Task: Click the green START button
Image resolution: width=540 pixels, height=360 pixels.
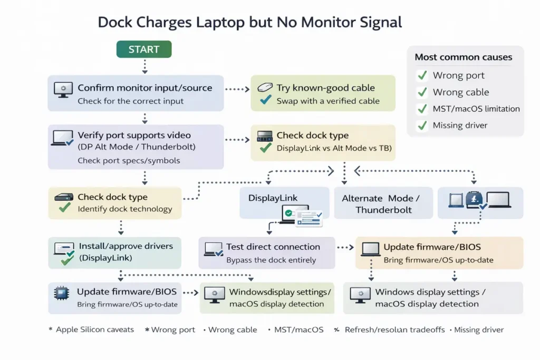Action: pyautogui.click(x=144, y=50)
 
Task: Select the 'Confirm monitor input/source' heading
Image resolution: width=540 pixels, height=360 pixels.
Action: pyautogui.click(x=144, y=88)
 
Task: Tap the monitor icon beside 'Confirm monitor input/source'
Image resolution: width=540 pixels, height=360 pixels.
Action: pyautogui.click(x=63, y=90)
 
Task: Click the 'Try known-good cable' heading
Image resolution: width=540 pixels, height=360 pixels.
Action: pyautogui.click(x=325, y=88)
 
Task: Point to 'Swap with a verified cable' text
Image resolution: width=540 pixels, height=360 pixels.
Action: pyautogui.click(x=327, y=101)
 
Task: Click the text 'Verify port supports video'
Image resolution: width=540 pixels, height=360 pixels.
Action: pyautogui.click(x=134, y=135)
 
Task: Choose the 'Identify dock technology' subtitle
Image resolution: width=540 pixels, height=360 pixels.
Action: pyautogui.click(x=124, y=209)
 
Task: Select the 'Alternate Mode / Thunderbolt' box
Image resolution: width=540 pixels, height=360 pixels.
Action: pyautogui.click(x=381, y=204)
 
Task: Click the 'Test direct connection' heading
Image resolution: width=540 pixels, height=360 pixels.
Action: pyautogui.click(x=273, y=247)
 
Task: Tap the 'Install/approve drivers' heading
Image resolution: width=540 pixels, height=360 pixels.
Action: pyautogui.click(x=126, y=246)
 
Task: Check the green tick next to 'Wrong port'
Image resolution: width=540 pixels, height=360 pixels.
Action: pyautogui.click(x=422, y=75)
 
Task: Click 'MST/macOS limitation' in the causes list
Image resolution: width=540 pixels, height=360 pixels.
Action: pyautogui.click(x=476, y=109)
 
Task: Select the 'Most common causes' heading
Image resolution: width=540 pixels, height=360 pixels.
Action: pyautogui.click(x=463, y=57)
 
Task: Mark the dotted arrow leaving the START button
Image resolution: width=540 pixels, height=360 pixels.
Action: pyautogui.click(x=144, y=65)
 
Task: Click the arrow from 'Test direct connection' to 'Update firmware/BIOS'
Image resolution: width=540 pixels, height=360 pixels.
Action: pyautogui.click(x=345, y=247)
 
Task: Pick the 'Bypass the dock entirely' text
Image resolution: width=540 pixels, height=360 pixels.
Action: pyautogui.click(x=271, y=260)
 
